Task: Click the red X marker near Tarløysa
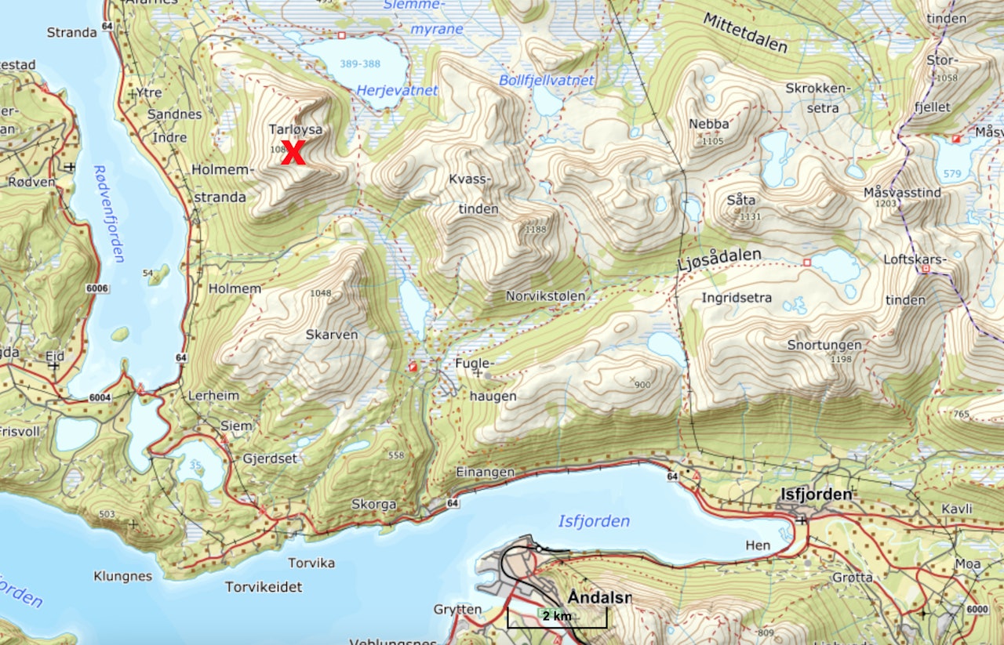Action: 293,153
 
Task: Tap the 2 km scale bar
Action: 557,616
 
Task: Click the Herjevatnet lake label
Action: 397,91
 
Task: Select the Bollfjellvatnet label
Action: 547,81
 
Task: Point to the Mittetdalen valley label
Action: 744,34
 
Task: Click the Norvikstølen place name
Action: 545,296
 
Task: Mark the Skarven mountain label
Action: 332,335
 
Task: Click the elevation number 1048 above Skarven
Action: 321,293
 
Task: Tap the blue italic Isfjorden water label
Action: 593,521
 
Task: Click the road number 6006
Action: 97,288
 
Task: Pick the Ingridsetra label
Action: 737,298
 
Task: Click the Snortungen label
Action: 824,345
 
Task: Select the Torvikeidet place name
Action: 263,586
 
